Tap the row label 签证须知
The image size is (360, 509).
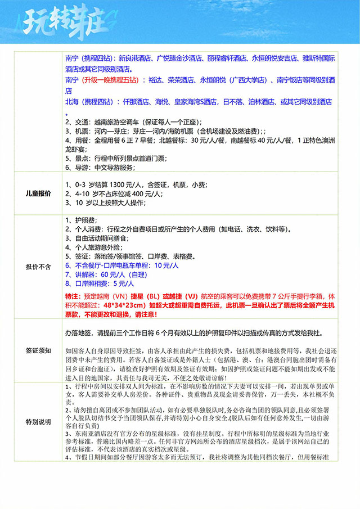coord(38,350)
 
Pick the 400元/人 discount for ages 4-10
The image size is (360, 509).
coord(150,193)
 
